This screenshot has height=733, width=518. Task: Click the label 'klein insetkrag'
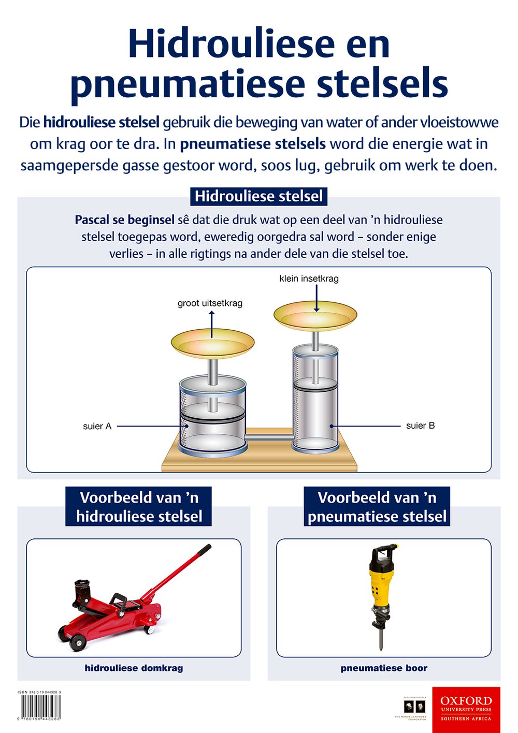pos(309,278)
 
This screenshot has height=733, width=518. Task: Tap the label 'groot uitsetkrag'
pos(210,303)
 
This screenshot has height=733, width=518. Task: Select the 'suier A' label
pos(97,426)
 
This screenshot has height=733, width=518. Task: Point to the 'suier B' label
pos(420,426)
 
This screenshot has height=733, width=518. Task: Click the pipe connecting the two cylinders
pos(268,438)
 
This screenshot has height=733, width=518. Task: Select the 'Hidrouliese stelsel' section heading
pos(258,196)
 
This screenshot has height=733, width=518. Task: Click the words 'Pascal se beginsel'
pos(124,220)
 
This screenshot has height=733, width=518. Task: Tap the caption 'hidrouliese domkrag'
pos(134,668)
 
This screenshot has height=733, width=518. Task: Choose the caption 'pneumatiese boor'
pos(384,668)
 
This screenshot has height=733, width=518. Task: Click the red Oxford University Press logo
pos(466,709)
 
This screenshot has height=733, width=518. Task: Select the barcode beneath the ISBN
pos(40,706)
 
